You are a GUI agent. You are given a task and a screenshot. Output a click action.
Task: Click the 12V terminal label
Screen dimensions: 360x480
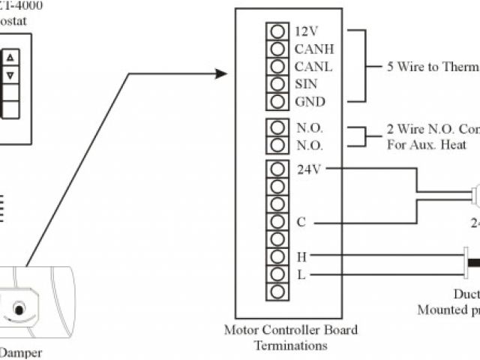click(x=306, y=32)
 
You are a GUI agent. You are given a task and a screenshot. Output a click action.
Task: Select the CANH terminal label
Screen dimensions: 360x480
click(x=314, y=49)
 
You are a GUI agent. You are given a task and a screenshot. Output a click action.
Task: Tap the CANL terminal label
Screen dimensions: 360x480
click(x=313, y=67)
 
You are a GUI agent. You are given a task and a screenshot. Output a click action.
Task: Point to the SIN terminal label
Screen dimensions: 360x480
click(x=306, y=84)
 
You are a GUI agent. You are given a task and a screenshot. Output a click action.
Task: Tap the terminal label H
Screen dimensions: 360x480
click(x=301, y=256)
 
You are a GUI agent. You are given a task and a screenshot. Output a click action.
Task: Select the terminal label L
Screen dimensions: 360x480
click(x=301, y=274)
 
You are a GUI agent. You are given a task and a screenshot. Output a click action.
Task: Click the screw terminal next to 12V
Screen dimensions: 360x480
click(x=277, y=32)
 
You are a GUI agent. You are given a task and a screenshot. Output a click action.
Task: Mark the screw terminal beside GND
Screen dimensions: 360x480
click(x=277, y=101)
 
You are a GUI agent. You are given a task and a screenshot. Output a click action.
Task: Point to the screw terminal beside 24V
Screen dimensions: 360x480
click(x=277, y=169)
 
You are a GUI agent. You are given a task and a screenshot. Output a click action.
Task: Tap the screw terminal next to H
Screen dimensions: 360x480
click(x=277, y=256)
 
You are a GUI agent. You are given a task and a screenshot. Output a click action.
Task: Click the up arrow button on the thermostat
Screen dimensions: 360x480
click(x=10, y=58)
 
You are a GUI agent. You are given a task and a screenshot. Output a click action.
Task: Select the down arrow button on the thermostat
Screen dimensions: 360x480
click(x=10, y=76)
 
